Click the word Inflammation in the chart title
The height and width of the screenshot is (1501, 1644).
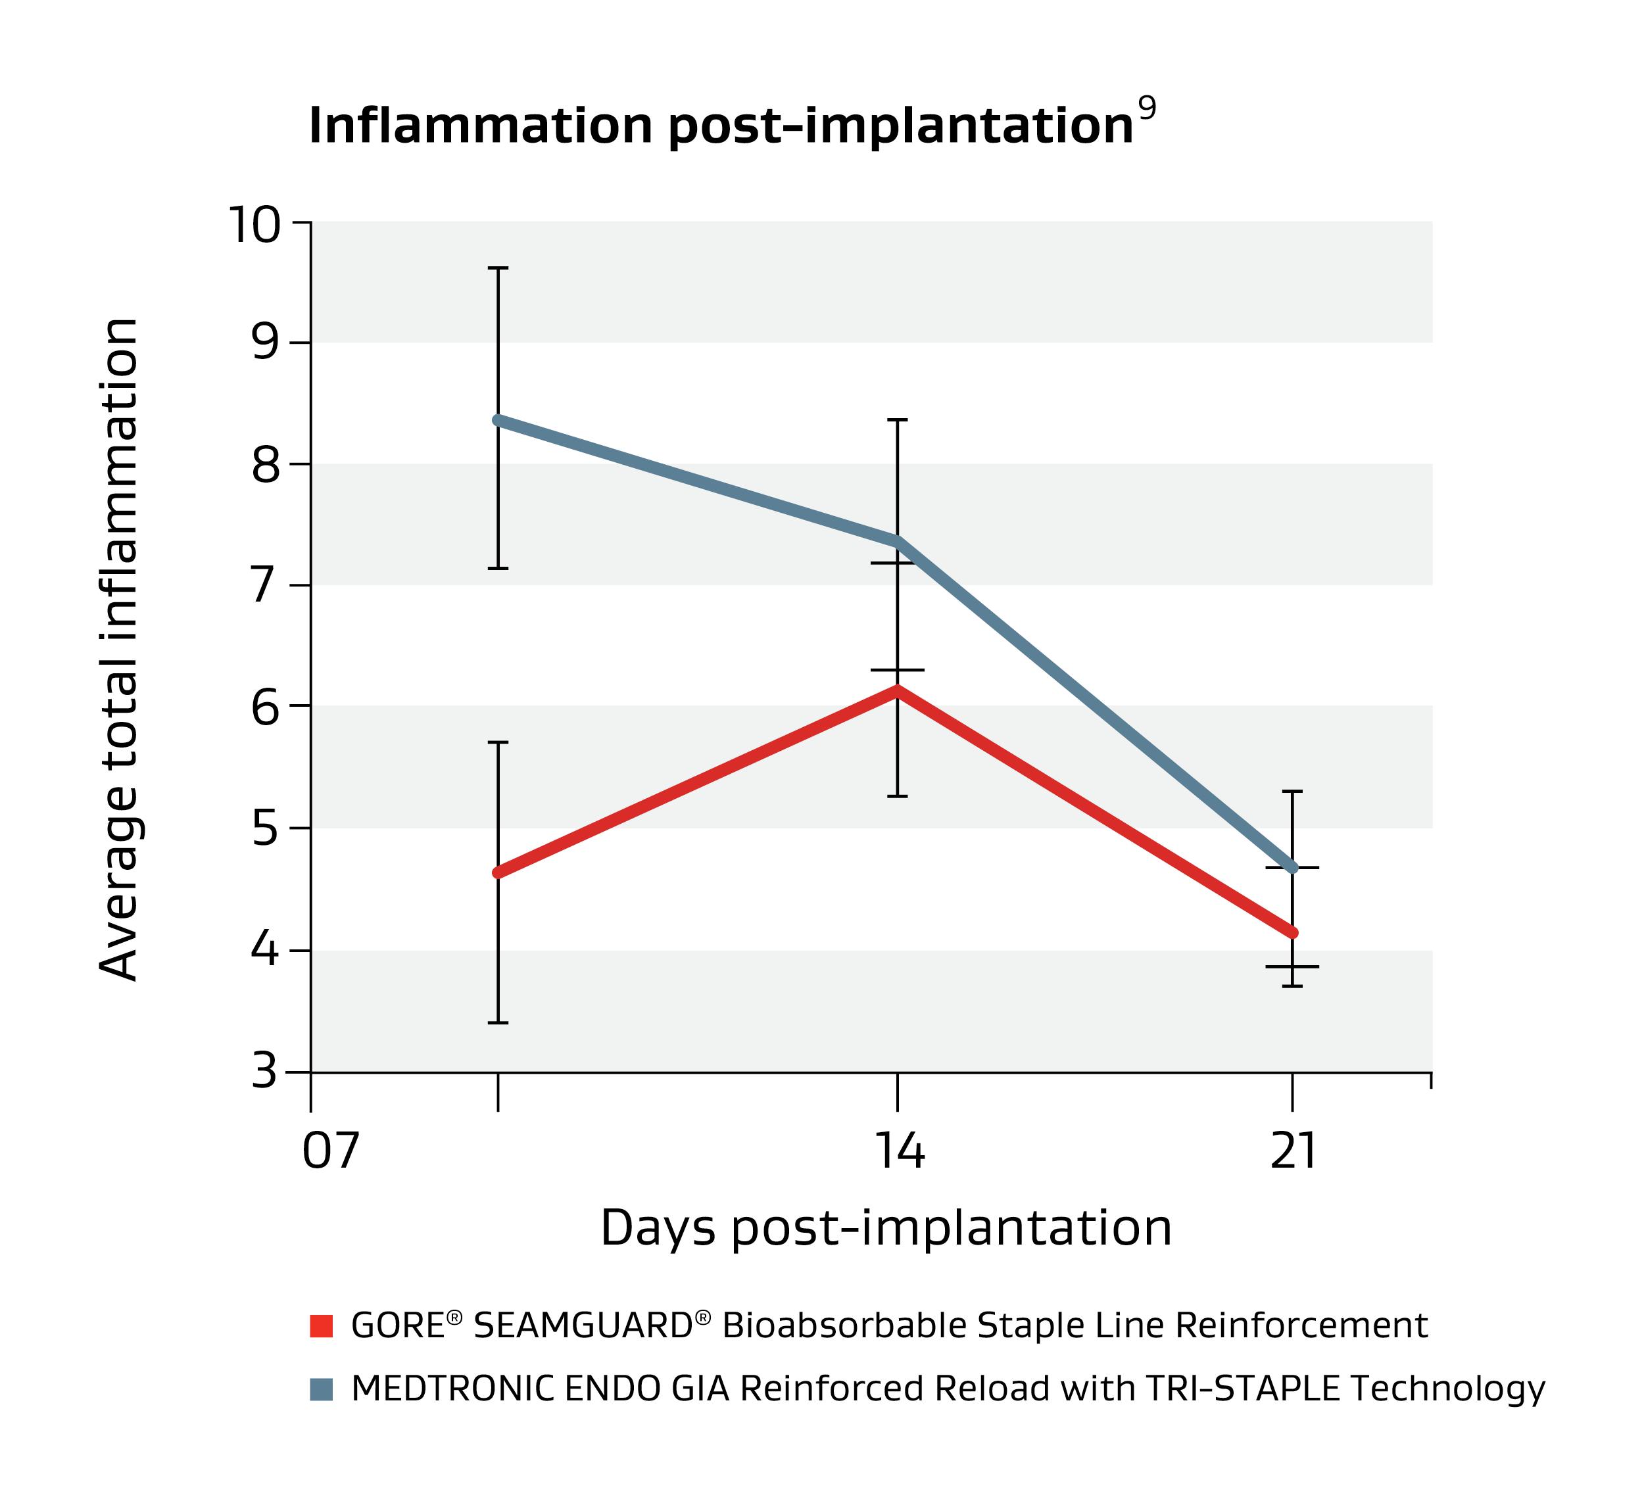(480, 126)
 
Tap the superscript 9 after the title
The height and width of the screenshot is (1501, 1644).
(1147, 108)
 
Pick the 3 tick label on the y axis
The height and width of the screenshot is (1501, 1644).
(266, 1071)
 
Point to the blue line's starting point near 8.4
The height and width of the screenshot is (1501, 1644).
(498, 420)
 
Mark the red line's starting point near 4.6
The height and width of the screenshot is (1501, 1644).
(498, 873)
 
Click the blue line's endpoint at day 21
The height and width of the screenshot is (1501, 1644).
(1293, 869)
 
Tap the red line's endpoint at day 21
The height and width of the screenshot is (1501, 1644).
(1293, 933)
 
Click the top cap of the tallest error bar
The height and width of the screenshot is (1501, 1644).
(498, 268)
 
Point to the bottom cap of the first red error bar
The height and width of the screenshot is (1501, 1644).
(498, 1022)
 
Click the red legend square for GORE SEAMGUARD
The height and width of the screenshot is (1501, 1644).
(322, 1325)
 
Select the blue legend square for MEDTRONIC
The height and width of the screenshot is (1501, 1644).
(322, 1389)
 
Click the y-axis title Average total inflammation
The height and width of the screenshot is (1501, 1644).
(119, 649)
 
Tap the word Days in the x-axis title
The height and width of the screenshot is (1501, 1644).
(658, 1228)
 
